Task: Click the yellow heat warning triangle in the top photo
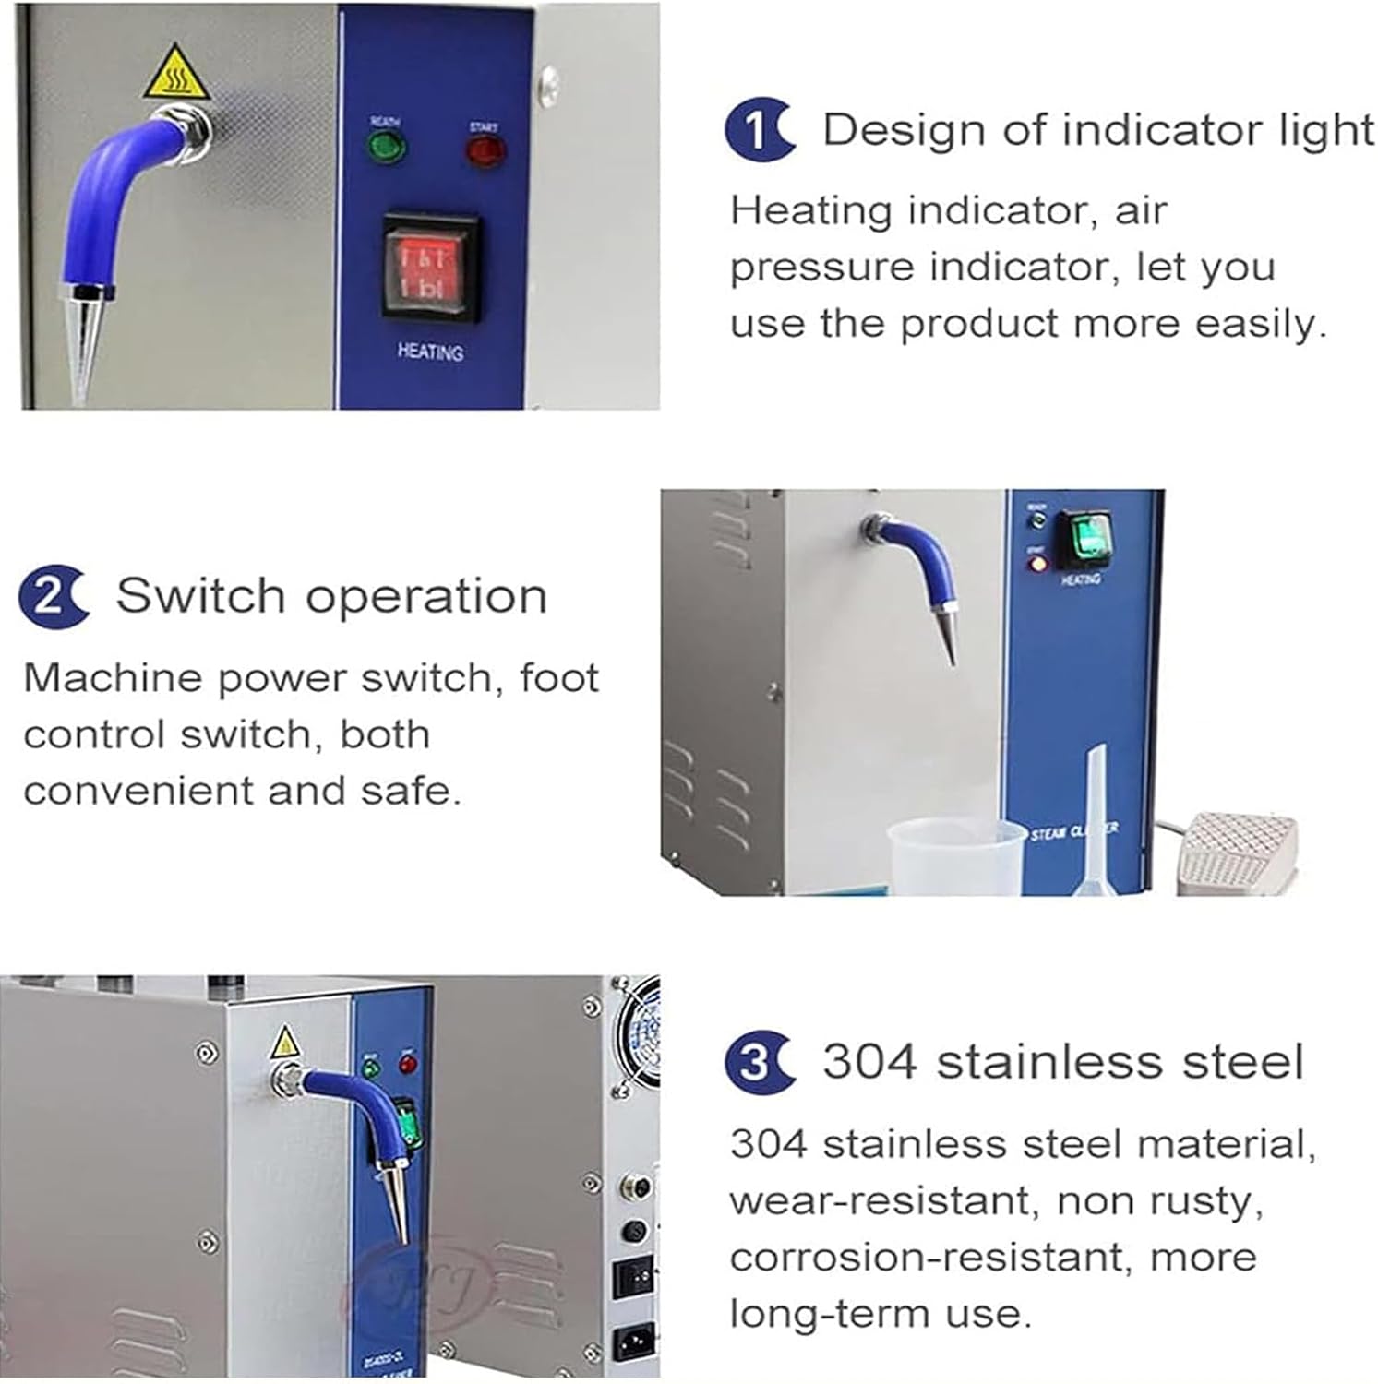click(x=175, y=75)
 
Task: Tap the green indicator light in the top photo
click(x=386, y=147)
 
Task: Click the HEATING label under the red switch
click(x=430, y=352)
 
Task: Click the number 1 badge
click(x=758, y=130)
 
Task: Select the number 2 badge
click(x=52, y=597)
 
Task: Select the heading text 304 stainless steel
click(x=1062, y=1061)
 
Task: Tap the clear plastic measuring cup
click(x=955, y=857)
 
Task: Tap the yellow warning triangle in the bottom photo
click(x=285, y=1043)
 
